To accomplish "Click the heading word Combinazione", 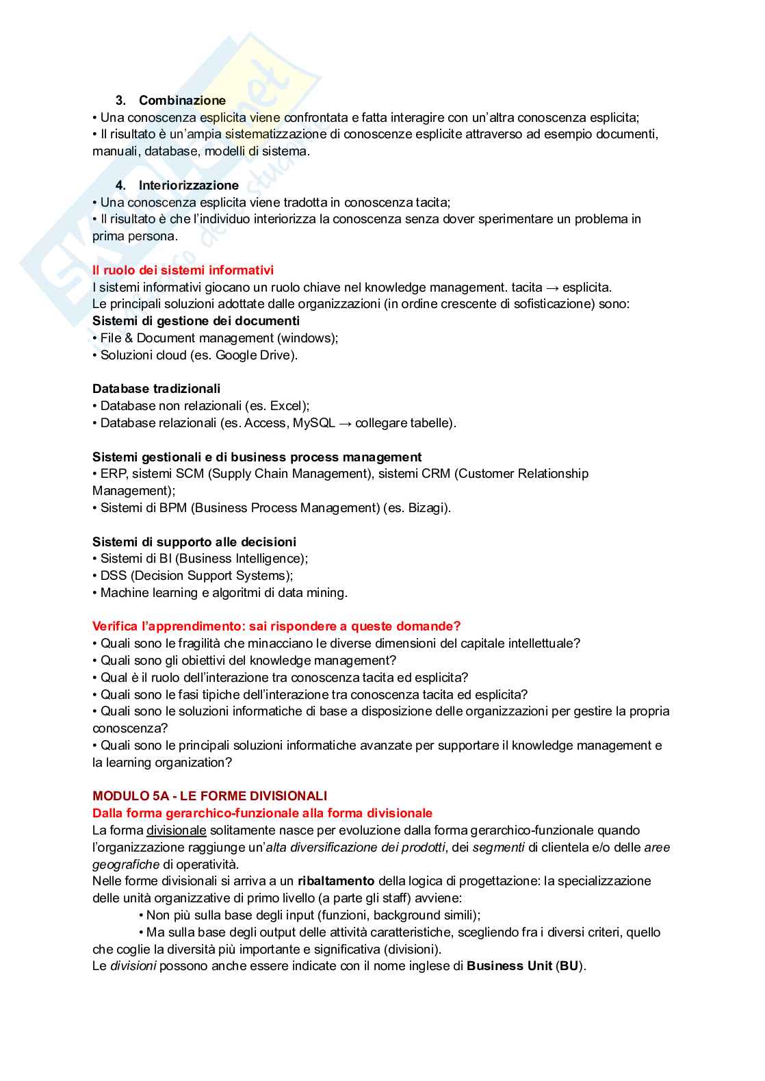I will click(182, 101).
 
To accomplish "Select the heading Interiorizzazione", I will click(188, 186).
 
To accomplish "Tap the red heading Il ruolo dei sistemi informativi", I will click(183, 270).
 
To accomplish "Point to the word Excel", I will click(287, 406).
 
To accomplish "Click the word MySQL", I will click(313, 423).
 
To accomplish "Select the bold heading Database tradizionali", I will click(156, 389).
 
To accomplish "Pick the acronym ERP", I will click(113, 474).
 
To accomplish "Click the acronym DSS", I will click(114, 576).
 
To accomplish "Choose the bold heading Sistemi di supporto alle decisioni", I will click(194, 542).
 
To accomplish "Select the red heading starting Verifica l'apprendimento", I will click(276, 626).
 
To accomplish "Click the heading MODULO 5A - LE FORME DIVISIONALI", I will click(209, 796).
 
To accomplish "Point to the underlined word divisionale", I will click(176, 830).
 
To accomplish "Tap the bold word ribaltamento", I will click(336, 881).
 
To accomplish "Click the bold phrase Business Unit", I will click(509, 966).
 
